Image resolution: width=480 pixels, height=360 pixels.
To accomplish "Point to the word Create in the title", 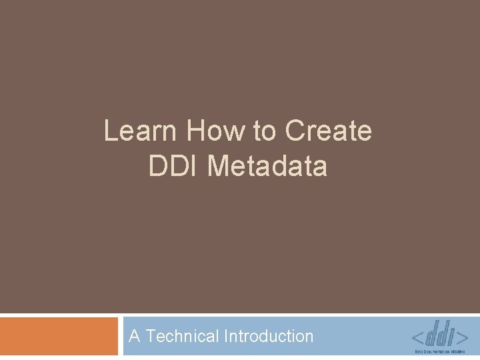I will pos(328,131).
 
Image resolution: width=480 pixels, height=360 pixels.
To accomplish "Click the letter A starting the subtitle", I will pos(135,336).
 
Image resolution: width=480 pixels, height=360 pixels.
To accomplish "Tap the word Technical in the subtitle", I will pos(183,336).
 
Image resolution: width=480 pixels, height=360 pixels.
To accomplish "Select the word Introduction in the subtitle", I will pos(269,336).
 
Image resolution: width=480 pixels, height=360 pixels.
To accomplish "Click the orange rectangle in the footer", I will pos(58,336).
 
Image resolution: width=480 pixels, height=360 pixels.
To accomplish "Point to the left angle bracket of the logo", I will pos(419,335).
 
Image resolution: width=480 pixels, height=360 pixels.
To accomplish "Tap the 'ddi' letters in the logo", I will pos(440,332).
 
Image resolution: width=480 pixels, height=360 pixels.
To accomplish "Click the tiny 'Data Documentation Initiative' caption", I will pos(440,351).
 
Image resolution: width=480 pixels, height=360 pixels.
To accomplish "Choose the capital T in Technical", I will pos(150,336).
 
